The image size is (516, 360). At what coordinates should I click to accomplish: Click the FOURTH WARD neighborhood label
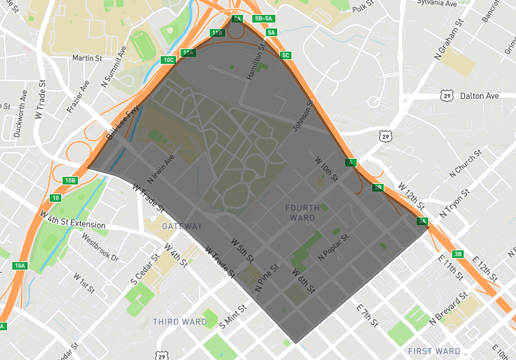click(x=302, y=212)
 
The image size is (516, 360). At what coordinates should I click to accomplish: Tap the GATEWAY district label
click(x=182, y=226)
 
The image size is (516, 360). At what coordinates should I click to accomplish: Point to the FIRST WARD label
click(x=434, y=352)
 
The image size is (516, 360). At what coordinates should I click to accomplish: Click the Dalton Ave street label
click(x=479, y=96)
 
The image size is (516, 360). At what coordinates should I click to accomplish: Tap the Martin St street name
click(x=87, y=58)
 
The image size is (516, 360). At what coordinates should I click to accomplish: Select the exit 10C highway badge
click(x=168, y=60)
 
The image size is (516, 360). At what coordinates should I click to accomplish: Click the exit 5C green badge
click(x=286, y=55)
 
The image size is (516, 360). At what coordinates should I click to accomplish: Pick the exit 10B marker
click(x=70, y=180)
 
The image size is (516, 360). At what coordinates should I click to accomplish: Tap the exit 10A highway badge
click(x=20, y=266)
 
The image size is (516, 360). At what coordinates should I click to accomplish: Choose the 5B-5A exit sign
click(x=264, y=19)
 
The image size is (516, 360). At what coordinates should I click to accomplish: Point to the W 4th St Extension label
click(x=72, y=219)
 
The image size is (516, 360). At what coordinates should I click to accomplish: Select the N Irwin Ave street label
click(x=161, y=168)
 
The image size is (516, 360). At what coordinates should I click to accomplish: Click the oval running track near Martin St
click(x=141, y=44)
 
